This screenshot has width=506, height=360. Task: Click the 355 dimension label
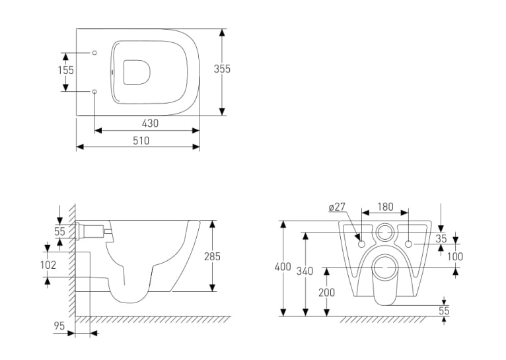tap(222, 69)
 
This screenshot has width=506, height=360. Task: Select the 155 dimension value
tap(66, 70)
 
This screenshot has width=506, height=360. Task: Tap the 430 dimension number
tap(150, 124)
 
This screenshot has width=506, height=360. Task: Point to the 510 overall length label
tap(141, 141)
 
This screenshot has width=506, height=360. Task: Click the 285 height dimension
tap(212, 256)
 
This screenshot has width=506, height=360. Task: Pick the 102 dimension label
tap(48, 265)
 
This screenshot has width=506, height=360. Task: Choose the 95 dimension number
tap(59, 326)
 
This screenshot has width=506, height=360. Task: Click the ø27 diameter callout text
tap(337, 207)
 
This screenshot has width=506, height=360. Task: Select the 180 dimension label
tap(385, 207)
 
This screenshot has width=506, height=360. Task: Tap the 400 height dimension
tap(283, 267)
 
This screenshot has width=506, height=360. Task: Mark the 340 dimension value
tap(305, 271)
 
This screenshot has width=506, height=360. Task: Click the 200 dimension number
tap(326, 293)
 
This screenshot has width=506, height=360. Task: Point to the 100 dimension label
tap(455, 257)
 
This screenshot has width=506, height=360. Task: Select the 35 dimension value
tap(441, 238)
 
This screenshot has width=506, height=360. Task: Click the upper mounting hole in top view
tap(94, 53)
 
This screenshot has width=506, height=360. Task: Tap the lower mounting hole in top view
tap(94, 92)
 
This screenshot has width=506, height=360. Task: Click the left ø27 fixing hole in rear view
tap(362, 244)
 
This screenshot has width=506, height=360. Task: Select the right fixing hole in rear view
tap(408, 244)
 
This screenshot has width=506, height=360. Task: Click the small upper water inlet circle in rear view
tap(385, 232)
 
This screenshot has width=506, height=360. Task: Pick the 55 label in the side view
tap(59, 231)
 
